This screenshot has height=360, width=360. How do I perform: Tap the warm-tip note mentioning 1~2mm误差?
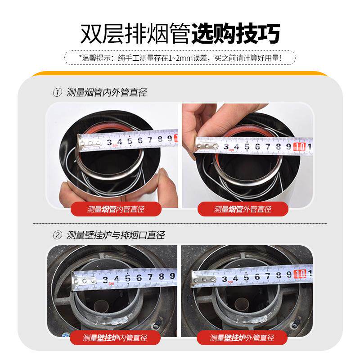[180, 58]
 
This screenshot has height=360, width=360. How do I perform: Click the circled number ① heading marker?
[57, 93]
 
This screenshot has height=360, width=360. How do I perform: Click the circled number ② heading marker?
[57, 235]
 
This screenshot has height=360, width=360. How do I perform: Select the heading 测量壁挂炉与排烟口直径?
[115, 235]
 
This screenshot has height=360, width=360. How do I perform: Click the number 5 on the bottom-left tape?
[127, 279]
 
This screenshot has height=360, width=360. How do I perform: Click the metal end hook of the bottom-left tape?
[85, 281]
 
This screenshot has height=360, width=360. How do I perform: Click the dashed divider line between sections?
[180, 223]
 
